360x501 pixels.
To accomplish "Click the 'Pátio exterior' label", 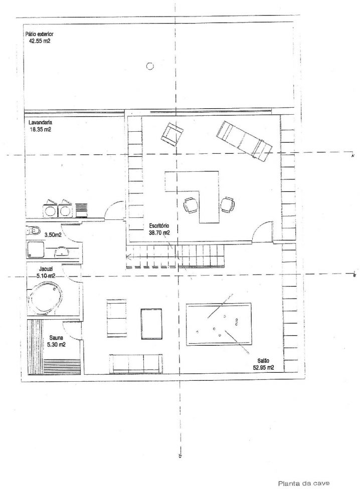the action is (x=39, y=34).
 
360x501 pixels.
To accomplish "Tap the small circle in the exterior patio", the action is (x=149, y=67).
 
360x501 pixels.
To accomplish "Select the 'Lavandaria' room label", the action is (x=40, y=123).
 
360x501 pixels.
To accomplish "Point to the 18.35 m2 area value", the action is (x=40, y=130).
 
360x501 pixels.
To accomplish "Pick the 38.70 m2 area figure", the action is (x=159, y=233).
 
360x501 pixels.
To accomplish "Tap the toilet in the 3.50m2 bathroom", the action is (x=33, y=230).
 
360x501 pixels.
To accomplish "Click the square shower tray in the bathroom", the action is (x=36, y=249).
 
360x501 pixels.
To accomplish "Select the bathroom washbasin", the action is (x=61, y=252).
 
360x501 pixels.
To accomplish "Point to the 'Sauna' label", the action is (x=56, y=338).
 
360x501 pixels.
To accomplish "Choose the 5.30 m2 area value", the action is (x=56, y=345).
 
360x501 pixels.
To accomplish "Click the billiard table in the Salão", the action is (x=219, y=324).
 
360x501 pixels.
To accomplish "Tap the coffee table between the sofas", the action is (x=151, y=324).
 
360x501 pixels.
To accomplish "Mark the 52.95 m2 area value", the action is (x=263, y=367).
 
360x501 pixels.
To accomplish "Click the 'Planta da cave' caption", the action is (x=304, y=483).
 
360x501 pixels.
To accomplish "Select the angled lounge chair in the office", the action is (x=245, y=141).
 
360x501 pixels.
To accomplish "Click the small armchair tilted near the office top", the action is (x=172, y=134).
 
